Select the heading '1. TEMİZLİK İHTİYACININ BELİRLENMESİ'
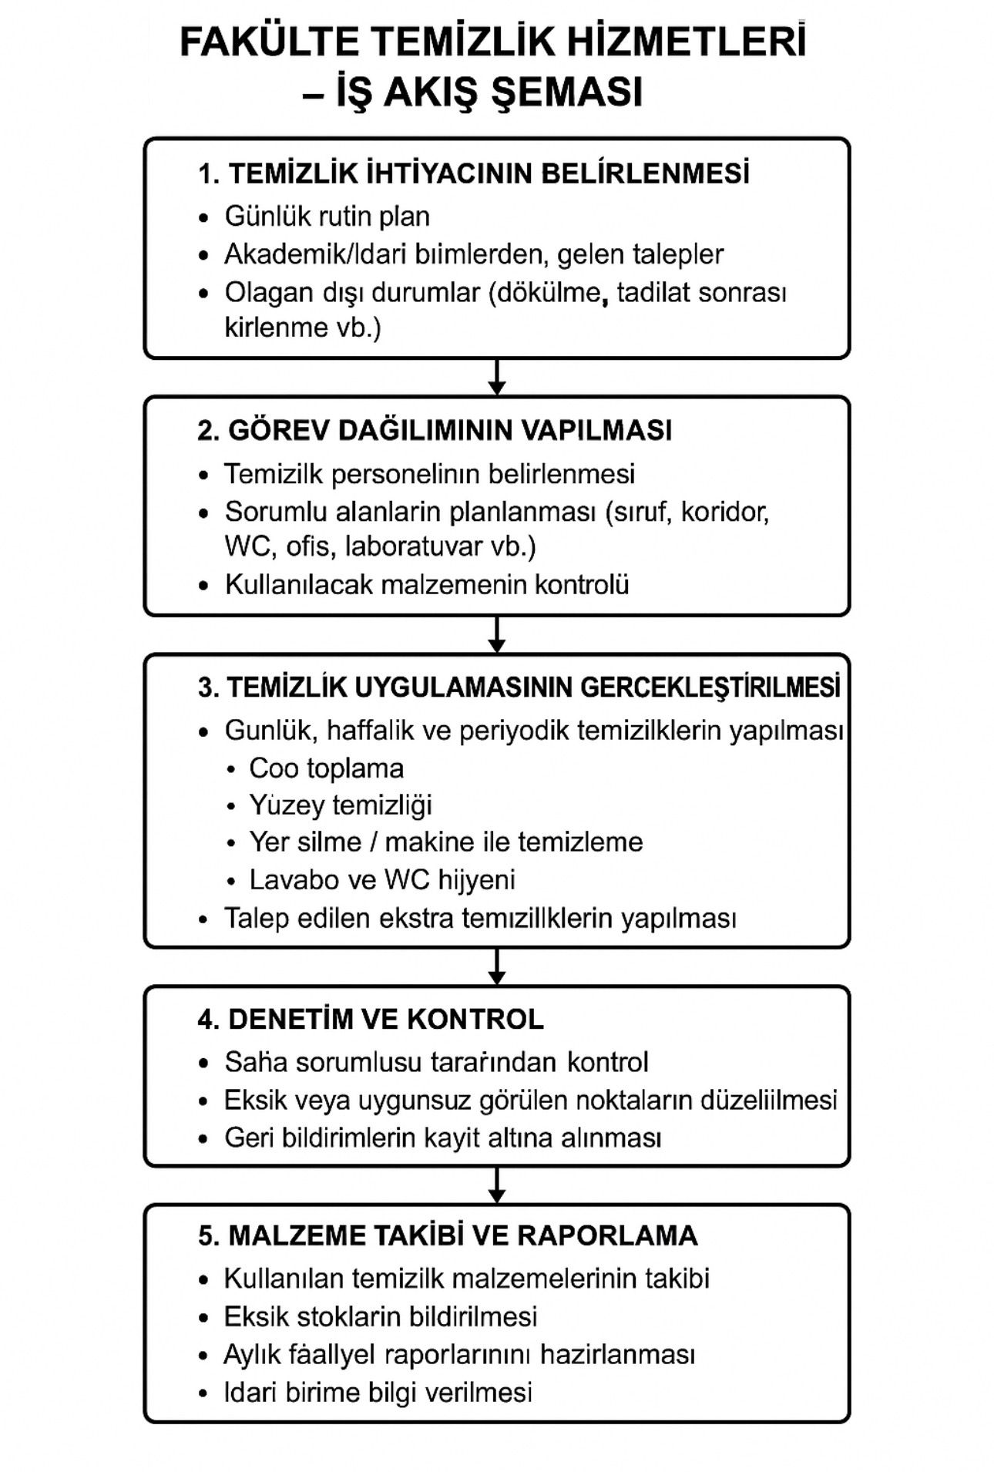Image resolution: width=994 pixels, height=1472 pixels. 474,173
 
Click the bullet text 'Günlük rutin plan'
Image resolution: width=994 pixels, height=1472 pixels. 327,217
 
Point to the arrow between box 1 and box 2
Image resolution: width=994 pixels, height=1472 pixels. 497,377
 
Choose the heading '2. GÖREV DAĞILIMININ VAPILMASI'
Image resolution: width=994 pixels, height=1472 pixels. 435,430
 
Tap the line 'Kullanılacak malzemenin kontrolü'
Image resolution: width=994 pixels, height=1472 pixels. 427,584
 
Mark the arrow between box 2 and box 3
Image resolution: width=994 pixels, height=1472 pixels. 497,634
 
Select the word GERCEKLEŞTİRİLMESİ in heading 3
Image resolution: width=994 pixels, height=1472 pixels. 710,687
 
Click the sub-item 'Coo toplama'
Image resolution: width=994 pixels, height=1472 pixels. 326,768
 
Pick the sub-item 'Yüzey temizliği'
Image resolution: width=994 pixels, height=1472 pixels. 341,805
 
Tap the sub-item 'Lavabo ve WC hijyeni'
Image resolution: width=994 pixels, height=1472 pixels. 382,879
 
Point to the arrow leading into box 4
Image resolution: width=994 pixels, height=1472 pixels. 497,966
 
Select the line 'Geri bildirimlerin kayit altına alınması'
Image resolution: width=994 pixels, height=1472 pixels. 443,1138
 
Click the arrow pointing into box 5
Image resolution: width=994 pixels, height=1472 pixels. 497,1185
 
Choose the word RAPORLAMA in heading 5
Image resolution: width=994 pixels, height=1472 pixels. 607,1235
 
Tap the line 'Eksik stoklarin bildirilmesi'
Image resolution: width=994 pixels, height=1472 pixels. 381,1316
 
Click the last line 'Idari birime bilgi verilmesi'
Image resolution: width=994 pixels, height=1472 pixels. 378,1393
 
